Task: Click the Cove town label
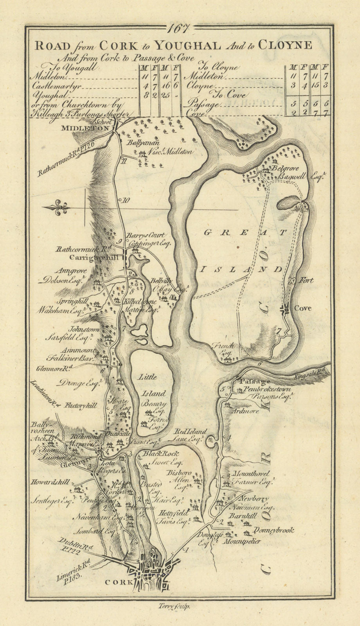[303, 308]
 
